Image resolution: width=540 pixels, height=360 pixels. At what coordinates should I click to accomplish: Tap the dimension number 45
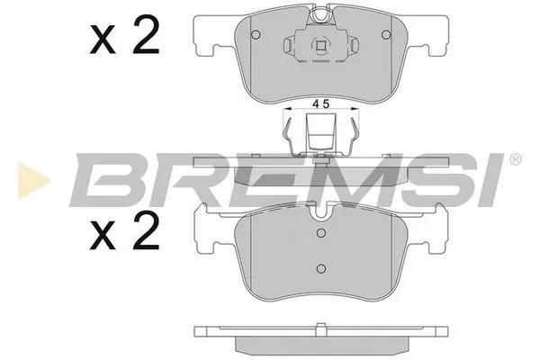pos(319,103)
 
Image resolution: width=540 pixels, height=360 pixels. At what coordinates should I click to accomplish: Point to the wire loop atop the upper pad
pos(319,15)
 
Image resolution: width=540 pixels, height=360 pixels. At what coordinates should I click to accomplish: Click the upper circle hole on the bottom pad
pos(319,231)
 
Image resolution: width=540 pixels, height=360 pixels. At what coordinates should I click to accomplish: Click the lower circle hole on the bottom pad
pos(319,267)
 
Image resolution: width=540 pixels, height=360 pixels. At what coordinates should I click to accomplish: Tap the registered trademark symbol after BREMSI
pos(514,160)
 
